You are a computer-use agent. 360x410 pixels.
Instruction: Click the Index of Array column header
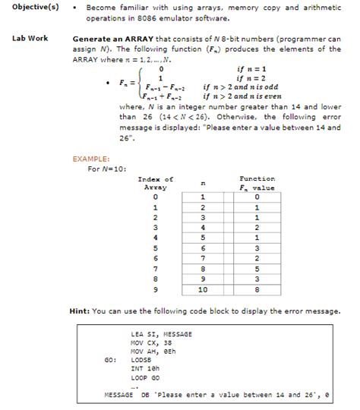(154, 183)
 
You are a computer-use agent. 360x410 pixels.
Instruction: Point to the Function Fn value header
(257, 183)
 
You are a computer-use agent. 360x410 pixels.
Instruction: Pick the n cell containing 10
(202, 289)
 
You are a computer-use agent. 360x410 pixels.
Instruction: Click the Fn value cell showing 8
(257, 289)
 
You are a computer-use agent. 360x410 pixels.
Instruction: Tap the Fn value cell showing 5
(257, 268)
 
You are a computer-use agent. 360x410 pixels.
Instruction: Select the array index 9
(154, 289)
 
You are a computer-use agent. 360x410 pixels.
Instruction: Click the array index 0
(154, 197)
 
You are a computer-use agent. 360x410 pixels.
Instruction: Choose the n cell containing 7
(202, 258)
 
